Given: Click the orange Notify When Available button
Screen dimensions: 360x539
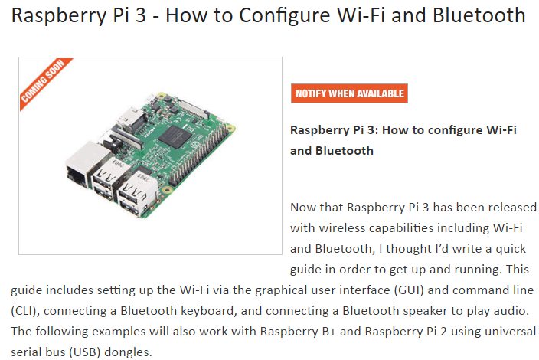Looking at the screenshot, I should coord(349,93).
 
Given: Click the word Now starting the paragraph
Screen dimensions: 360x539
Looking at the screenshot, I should coord(303,208).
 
